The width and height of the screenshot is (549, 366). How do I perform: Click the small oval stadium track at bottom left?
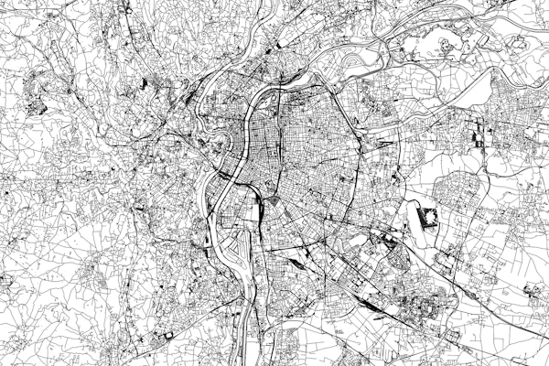click(x=167, y=338)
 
